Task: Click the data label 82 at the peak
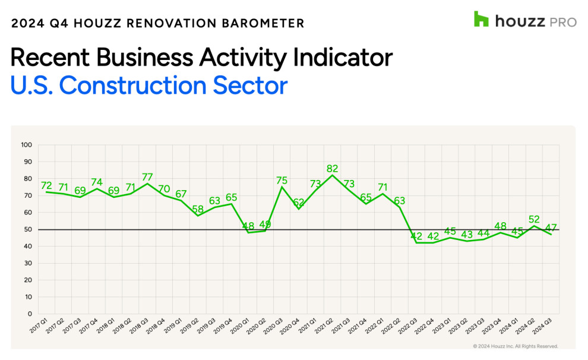point(333,169)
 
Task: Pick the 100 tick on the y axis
point(26,145)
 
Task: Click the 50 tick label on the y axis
point(27,229)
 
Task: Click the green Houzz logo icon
point(481,19)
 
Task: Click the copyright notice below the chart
point(515,346)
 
